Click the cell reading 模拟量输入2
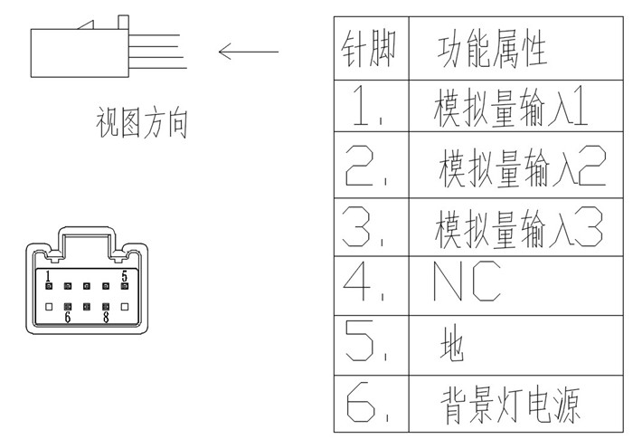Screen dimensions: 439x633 (x=521, y=168)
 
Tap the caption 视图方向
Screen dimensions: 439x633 (x=142, y=123)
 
